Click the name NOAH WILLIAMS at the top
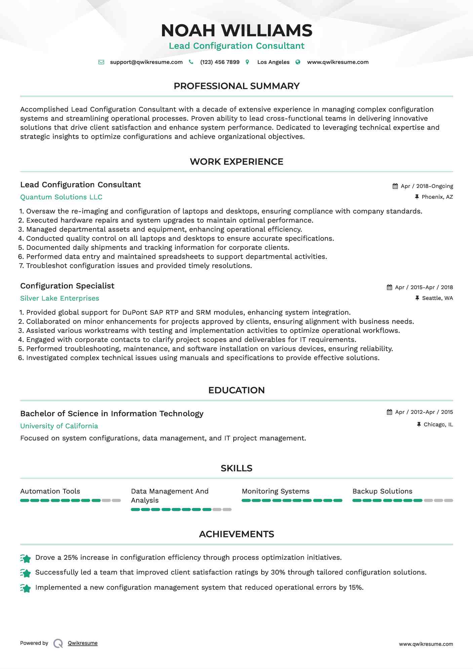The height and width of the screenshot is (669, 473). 236,31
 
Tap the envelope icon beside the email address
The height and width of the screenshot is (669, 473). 101,62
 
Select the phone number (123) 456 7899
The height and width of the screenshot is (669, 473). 220,62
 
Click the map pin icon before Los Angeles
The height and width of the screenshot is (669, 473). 247,62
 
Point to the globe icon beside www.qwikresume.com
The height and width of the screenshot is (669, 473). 298,62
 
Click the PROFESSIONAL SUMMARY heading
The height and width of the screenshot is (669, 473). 236,86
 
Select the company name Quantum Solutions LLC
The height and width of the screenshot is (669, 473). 61,197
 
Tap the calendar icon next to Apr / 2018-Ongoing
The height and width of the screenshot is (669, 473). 395,186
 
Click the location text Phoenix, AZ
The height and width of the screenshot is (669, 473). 437,197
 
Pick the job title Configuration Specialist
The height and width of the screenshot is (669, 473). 67,286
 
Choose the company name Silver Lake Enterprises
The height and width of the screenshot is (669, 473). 60,299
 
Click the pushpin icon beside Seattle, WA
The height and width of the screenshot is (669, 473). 417,298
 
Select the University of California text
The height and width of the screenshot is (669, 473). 59,426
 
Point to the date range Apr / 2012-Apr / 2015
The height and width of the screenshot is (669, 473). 424,412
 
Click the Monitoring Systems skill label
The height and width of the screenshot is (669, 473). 276,491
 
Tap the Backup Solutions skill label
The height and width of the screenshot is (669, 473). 382,491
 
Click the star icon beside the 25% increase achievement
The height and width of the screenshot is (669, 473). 26,558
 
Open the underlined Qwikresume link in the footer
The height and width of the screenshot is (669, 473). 83,643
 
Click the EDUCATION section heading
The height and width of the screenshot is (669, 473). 236,390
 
